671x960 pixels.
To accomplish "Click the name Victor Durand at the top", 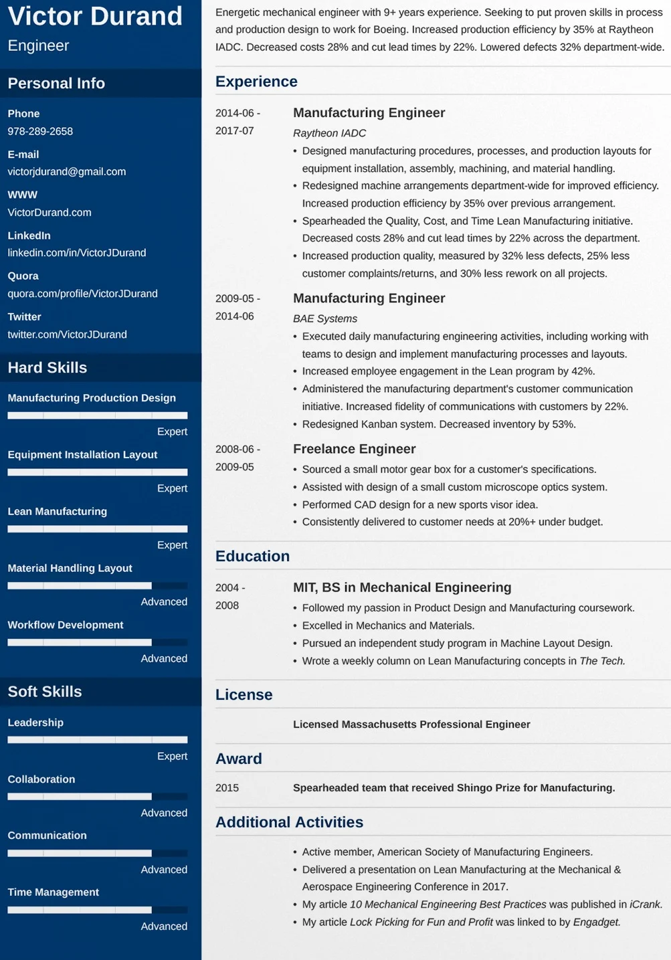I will coord(95,16).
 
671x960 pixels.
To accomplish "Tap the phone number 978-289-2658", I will coord(40,131).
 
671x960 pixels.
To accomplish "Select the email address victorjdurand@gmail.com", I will coord(67,171).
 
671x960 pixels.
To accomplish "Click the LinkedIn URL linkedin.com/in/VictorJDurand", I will coord(77,252).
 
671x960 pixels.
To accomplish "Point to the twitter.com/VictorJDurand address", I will coord(67,334).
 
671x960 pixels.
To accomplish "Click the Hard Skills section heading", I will coord(47,367).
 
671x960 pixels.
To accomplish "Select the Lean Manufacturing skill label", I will coord(58,511).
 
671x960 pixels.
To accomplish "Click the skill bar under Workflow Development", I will coord(97,642).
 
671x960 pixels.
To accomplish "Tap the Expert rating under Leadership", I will coord(172,756).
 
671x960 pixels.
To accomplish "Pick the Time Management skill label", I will coord(54,892).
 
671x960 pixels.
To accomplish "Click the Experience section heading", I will coord(256,82).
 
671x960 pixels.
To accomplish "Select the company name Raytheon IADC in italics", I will coord(329,133).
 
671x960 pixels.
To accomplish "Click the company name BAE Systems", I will coord(325,318).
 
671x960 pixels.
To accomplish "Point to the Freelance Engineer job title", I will coord(355,449).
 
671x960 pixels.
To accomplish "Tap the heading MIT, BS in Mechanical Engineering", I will coord(402,587).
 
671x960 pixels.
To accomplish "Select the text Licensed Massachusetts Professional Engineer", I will coord(411,724).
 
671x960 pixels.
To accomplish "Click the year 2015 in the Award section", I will coord(227,787).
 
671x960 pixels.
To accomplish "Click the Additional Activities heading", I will coord(289,822).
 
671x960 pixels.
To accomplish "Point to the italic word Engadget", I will coord(597,922).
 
